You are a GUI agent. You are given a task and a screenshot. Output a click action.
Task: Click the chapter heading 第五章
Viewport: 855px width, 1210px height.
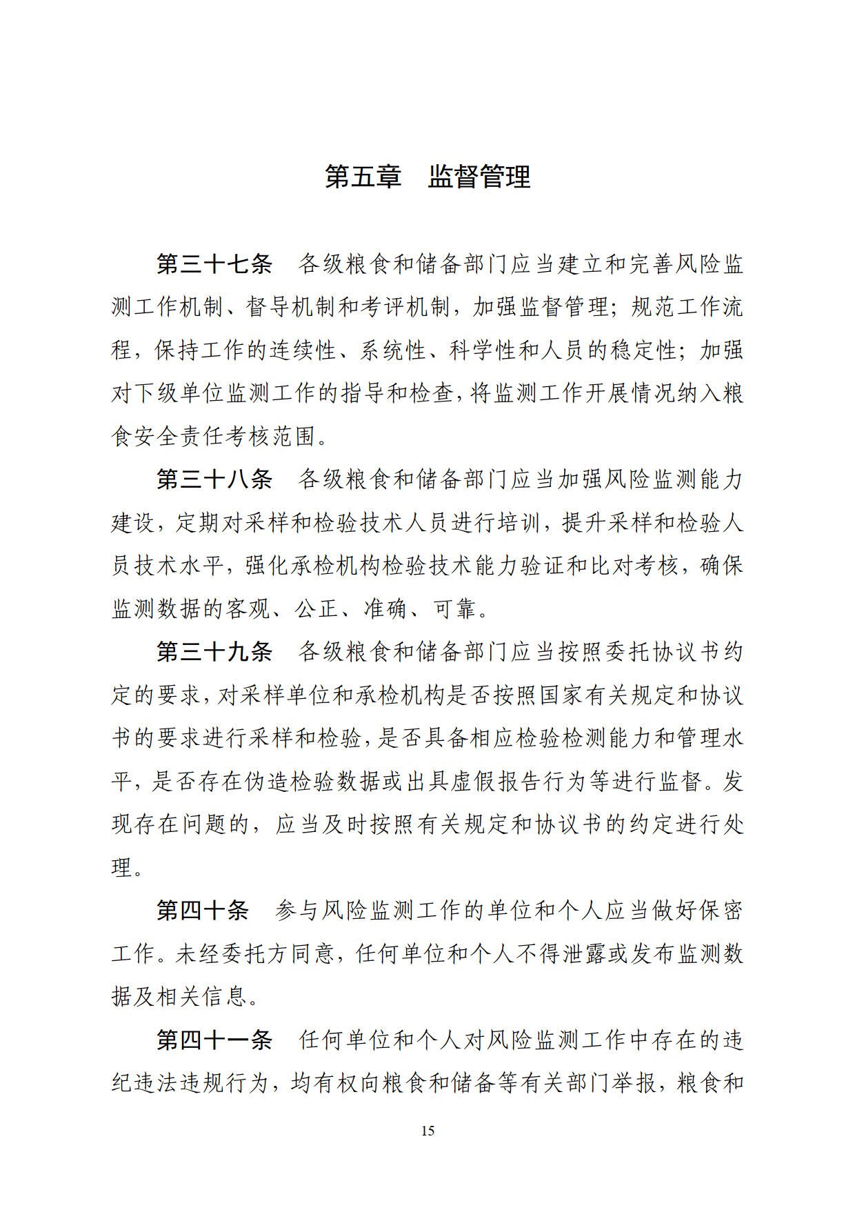363,177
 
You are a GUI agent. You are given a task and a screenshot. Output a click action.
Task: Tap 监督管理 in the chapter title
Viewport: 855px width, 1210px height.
479,177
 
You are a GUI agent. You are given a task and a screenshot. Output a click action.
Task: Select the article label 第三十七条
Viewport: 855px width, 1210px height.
214,264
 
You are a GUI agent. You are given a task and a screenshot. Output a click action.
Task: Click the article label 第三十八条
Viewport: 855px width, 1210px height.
214,479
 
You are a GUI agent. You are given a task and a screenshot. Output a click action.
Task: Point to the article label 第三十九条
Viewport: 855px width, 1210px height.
214,652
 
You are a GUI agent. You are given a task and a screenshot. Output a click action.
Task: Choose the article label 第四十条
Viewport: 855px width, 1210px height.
203,911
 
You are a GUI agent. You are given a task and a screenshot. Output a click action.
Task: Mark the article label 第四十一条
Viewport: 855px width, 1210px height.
214,1040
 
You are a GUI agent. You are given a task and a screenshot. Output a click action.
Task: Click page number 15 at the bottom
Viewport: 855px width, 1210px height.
428,1131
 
